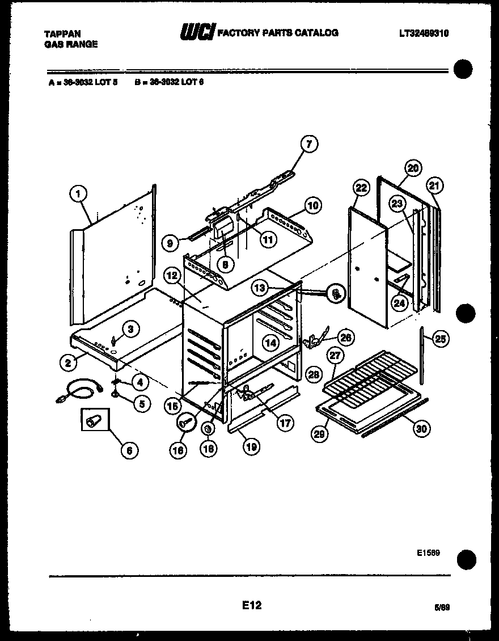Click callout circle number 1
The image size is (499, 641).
[x=78, y=194]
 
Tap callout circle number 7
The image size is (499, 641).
[x=309, y=144]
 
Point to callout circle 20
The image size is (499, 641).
[x=413, y=168]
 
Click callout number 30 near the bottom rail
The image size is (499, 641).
[x=420, y=428]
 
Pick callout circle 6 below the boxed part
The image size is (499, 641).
[x=129, y=450]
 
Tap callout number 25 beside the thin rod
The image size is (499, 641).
[x=440, y=339]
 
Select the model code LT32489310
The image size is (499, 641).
[x=424, y=33]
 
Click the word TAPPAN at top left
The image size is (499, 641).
[x=62, y=34]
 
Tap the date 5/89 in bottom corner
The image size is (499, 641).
[x=442, y=607]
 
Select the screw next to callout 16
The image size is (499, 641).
[x=187, y=421]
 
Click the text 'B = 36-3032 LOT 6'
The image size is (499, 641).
[x=169, y=82]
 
